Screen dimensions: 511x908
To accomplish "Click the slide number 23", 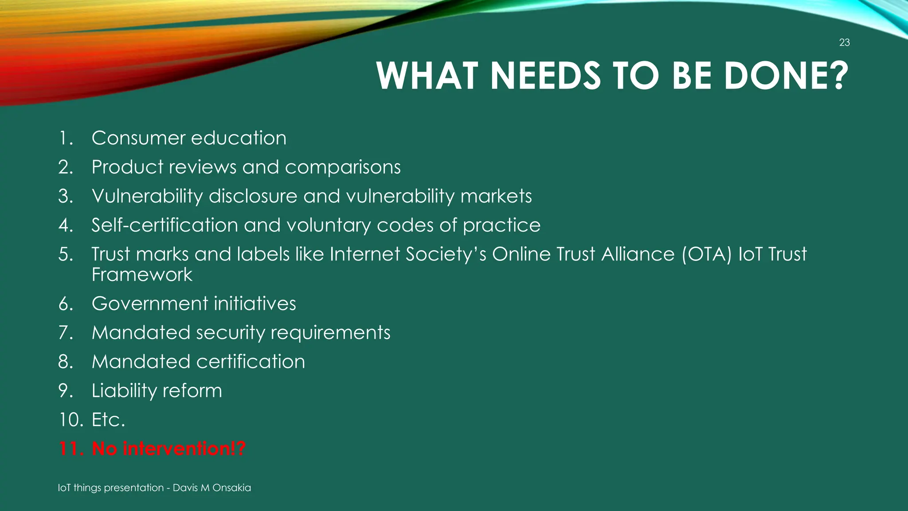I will pyautogui.click(x=844, y=43).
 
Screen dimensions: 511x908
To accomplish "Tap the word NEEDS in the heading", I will pyautogui.click(x=545, y=76).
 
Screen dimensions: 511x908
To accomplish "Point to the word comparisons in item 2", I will pyautogui.click(x=343, y=167).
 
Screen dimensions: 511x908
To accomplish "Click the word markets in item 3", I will pyautogui.click(x=496, y=196).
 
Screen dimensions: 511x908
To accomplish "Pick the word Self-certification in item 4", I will pyautogui.click(x=164, y=225).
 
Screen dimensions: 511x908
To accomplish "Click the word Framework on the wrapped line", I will pyautogui.click(x=142, y=275).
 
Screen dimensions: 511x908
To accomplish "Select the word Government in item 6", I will pyautogui.click(x=149, y=304).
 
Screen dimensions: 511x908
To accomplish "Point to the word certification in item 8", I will pyautogui.click(x=250, y=362).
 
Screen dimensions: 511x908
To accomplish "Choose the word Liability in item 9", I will pyautogui.click(x=124, y=391).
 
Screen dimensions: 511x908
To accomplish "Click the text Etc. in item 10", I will pyautogui.click(x=108, y=420).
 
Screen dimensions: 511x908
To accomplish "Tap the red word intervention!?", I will pyautogui.click(x=184, y=449).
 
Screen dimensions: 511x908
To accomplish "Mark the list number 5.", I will pyautogui.click(x=66, y=255).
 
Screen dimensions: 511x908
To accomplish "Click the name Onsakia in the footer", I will pyautogui.click(x=231, y=488).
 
